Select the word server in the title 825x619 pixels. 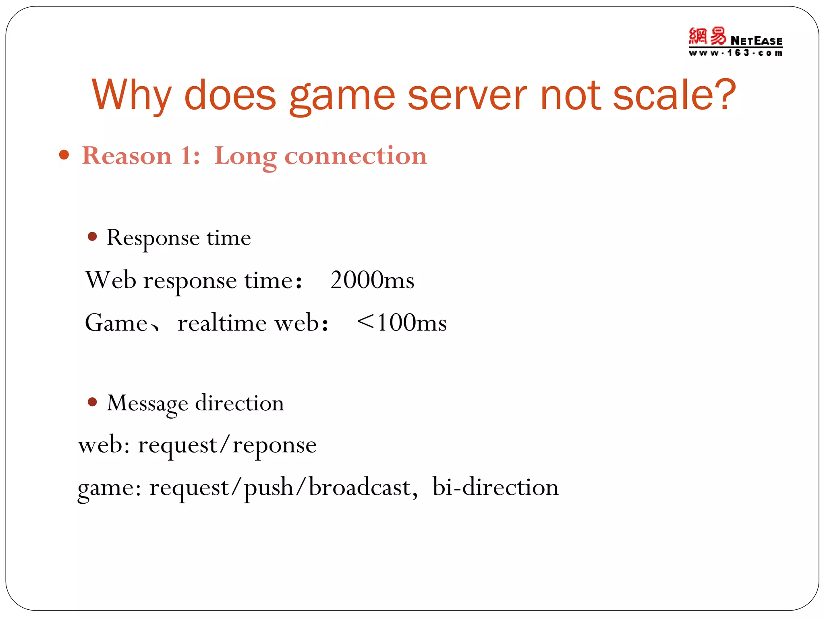[x=467, y=96]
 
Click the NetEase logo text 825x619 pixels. [x=756, y=41]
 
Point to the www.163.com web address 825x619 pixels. [x=735, y=53]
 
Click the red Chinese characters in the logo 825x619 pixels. [x=707, y=37]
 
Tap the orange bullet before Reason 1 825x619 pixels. [x=64, y=155]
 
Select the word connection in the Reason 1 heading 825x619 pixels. [x=355, y=156]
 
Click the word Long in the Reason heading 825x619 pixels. [x=245, y=156]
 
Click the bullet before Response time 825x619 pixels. [x=92, y=237]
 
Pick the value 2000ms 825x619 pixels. [x=372, y=280]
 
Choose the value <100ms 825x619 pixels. [x=402, y=322]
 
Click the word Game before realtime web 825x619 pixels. [x=116, y=323]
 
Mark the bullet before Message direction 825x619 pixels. [x=92, y=402]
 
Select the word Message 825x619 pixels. [x=147, y=403]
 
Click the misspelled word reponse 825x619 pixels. [x=274, y=446]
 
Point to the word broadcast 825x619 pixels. [x=360, y=487]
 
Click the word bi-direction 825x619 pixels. [x=495, y=487]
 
